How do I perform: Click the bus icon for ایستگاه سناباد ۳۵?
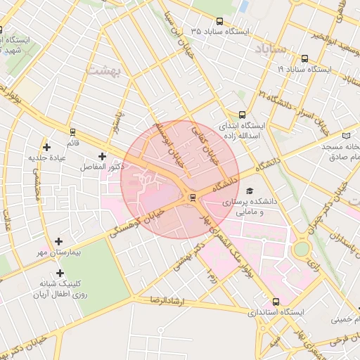[x=220, y=22]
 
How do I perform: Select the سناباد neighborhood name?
[x=269, y=49]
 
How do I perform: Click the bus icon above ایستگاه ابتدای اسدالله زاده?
[x=243, y=115]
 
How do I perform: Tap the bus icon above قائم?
[x=72, y=131]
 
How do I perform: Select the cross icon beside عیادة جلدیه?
[x=47, y=147]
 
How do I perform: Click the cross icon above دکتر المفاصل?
[x=103, y=155]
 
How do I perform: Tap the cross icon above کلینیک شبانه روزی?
[x=60, y=273]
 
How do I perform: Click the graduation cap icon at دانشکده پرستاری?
[x=250, y=191]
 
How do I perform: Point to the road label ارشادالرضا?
[x=166, y=300]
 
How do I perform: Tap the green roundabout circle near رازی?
[x=302, y=249]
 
